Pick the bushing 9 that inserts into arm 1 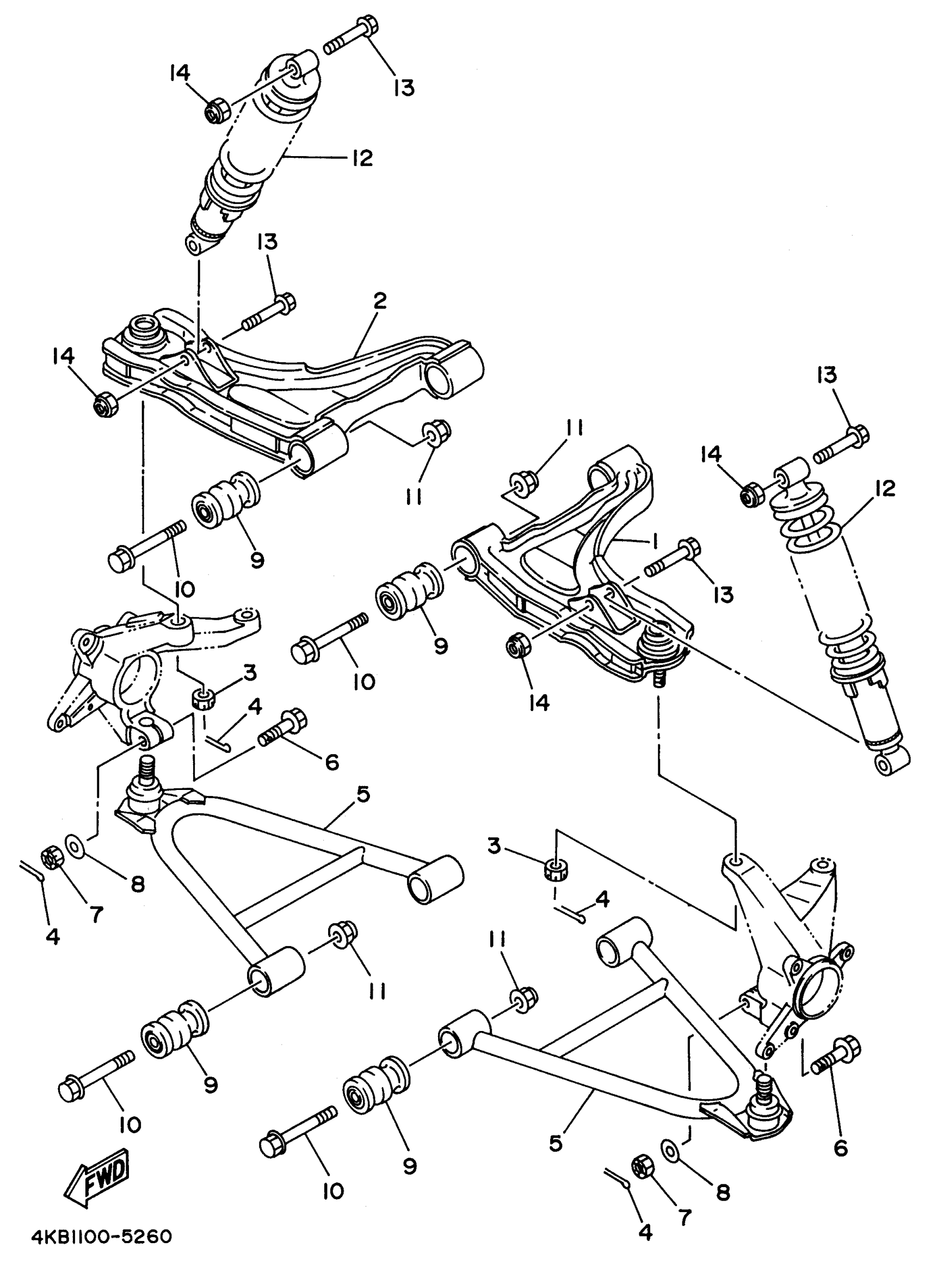[409, 591]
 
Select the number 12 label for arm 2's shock [362, 158]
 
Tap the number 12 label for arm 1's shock [883, 488]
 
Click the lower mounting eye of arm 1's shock [890, 763]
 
